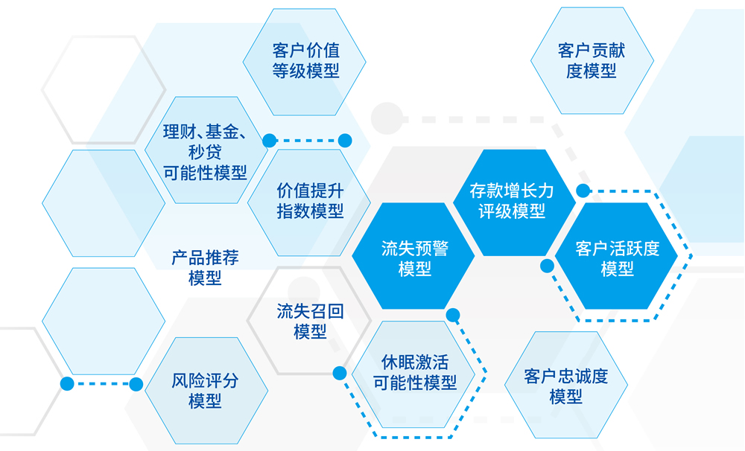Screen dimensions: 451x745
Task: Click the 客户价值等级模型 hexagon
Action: coord(305,62)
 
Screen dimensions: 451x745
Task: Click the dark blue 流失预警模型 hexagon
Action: coord(414,257)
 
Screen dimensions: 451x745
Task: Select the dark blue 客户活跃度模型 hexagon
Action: coord(617,257)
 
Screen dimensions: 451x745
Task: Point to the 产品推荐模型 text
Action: coord(205,268)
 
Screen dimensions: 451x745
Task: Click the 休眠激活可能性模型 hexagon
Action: coord(414,373)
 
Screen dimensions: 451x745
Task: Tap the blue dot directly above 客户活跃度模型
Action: coord(583,191)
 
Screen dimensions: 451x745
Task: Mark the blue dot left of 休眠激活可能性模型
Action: coord(340,373)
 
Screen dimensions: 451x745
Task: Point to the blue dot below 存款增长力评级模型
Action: coord(547,265)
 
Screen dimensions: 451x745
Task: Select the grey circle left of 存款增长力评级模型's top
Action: coord(386,118)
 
